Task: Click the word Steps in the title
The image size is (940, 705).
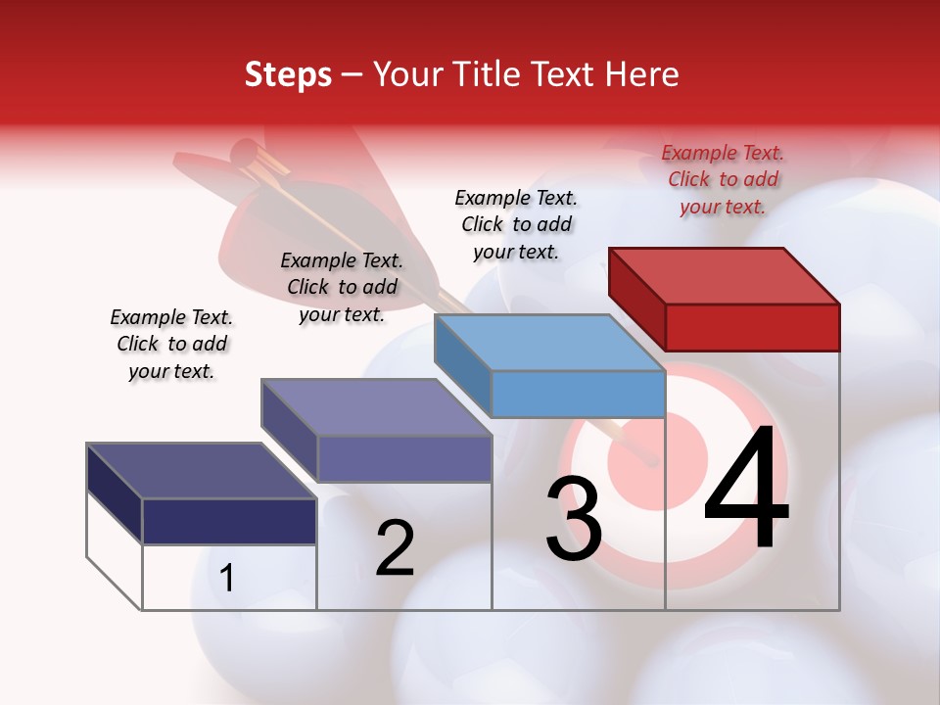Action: tap(288, 74)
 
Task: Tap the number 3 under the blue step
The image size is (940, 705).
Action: tap(573, 519)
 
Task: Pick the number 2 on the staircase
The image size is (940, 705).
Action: tap(396, 548)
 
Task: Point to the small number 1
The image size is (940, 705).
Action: tap(227, 578)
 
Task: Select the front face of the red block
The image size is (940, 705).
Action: tap(752, 327)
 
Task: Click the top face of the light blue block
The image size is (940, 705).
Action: tap(549, 343)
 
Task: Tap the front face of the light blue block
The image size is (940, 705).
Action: tap(578, 394)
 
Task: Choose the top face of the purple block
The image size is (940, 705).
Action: tap(376, 407)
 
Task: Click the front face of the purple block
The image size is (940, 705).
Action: tap(404, 458)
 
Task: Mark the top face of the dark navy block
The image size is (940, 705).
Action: tap(202, 471)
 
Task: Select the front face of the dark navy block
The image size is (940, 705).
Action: tap(229, 521)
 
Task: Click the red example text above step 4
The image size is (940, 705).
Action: tap(723, 179)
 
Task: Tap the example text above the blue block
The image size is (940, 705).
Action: tap(516, 224)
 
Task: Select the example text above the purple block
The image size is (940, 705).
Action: tap(342, 287)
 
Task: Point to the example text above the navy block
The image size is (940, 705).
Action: tap(171, 344)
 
